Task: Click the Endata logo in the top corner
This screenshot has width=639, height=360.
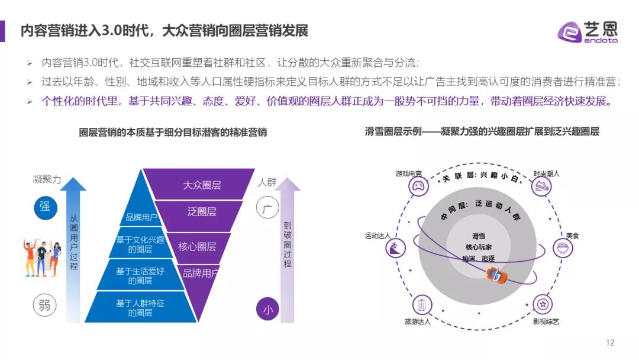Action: click(588, 31)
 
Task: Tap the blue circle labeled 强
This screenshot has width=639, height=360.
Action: click(45, 207)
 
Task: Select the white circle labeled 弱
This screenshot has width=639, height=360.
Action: click(44, 305)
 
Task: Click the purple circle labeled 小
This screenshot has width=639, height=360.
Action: click(268, 309)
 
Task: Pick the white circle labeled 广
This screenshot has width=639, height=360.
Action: click(267, 207)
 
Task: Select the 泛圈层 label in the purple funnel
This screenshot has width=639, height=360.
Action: click(202, 211)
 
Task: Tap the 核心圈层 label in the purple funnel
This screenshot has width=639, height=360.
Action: click(197, 247)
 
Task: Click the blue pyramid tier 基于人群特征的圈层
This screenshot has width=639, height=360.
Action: click(140, 307)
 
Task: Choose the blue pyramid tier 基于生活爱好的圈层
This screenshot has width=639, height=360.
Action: click(140, 275)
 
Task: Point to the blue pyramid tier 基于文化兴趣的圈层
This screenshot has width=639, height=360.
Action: click(140, 243)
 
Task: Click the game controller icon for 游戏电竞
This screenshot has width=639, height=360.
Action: click(418, 187)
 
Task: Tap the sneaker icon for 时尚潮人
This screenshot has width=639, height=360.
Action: click(541, 187)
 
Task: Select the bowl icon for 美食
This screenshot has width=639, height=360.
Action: click(563, 248)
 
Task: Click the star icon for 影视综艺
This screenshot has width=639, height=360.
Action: click(543, 304)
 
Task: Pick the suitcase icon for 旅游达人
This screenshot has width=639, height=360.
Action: click(422, 305)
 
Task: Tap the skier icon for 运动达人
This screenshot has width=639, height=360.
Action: click(395, 247)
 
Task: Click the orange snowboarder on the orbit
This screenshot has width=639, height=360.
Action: click(497, 275)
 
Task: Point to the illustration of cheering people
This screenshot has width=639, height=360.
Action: click(42, 258)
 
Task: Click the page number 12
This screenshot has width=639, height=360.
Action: click(610, 342)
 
